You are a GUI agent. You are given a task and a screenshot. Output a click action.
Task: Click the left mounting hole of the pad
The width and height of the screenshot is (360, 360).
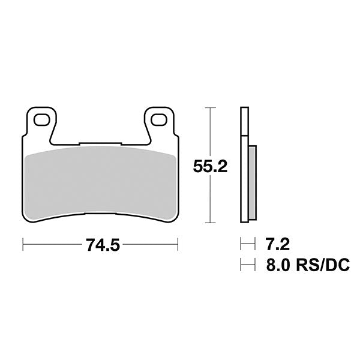(41, 120)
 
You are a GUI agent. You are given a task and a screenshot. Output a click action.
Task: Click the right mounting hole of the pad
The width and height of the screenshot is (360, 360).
(158, 120)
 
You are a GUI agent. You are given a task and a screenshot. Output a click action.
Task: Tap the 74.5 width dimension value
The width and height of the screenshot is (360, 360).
(100, 245)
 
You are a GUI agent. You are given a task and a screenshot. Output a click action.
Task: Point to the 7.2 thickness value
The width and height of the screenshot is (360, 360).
(277, 244)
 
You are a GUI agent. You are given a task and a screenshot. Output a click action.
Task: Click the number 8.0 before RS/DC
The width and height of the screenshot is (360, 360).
(277, 263)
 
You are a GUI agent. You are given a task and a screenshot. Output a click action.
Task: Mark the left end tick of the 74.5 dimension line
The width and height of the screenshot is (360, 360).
(23, 245)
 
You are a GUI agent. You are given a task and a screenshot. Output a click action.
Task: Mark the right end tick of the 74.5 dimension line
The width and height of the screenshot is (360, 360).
(178, 245)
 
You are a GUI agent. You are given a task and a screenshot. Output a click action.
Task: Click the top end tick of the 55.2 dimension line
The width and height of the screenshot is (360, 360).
(209, 107)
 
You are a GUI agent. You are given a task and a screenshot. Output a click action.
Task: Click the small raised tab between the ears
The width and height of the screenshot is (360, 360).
(100, 144)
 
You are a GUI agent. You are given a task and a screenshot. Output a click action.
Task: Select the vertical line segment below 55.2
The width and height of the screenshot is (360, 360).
(209, 201)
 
